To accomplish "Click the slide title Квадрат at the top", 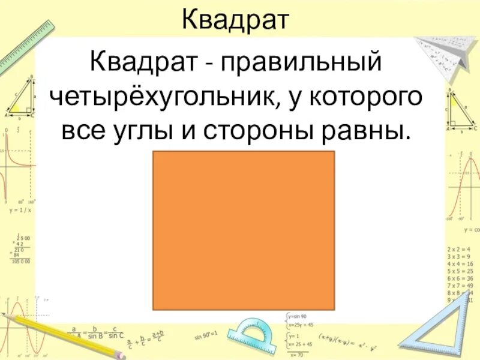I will [x=236, y=20].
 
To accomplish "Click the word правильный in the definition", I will [x=301, y=62].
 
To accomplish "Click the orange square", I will [x=244, y=230].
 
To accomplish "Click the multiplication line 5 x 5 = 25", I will [x=461, y=271].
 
